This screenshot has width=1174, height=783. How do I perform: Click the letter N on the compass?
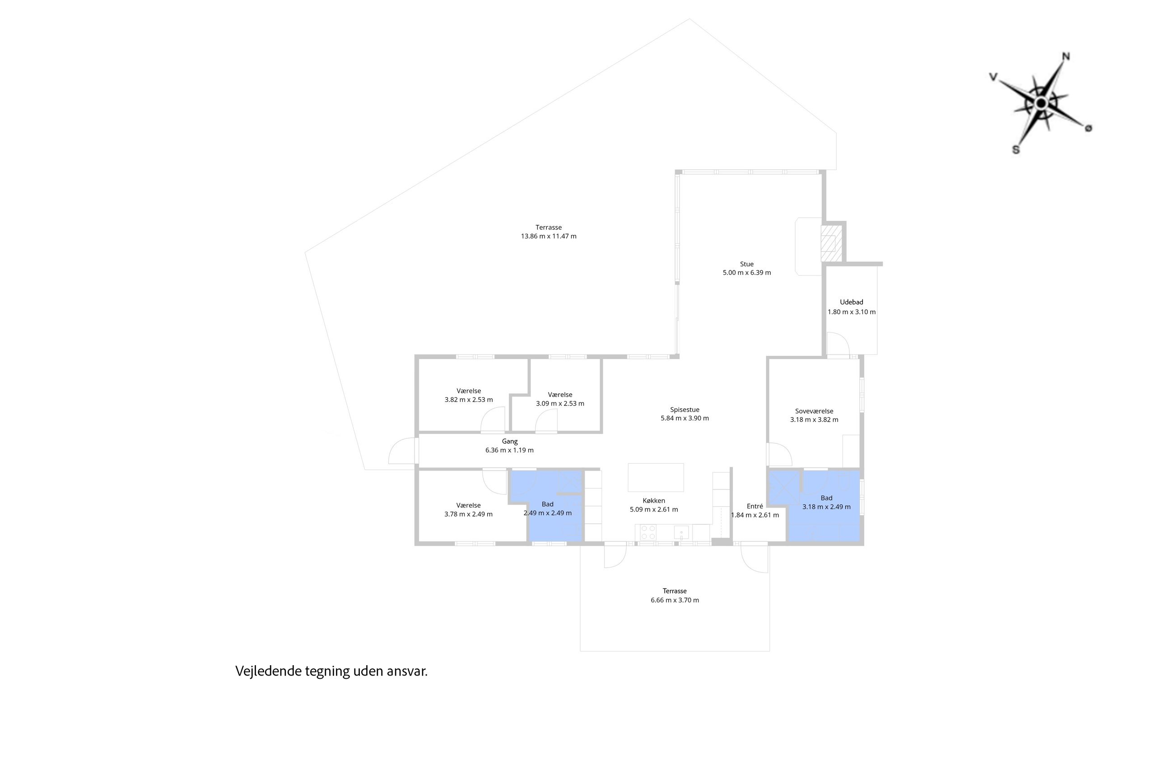point(1066,56)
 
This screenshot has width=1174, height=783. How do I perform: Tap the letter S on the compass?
point(1016,150)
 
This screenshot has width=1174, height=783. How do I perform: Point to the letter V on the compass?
point(993,77)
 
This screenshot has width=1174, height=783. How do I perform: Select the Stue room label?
point(746,264)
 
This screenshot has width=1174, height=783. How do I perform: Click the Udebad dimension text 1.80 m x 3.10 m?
point(852,312)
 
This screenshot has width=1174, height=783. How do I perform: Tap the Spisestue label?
point(685,410)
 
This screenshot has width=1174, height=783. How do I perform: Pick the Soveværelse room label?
point(814,411)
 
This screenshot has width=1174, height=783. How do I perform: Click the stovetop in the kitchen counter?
point(648,532)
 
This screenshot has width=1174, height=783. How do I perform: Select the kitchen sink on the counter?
point(681,532)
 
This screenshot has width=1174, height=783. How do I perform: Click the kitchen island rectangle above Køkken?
point(656,477)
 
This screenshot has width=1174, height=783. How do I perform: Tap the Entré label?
point(755,506)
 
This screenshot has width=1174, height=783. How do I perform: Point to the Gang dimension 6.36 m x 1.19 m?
point(509,450)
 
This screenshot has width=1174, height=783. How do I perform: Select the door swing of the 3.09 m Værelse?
point(546,421)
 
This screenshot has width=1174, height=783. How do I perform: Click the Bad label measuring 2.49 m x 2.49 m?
point(547,504)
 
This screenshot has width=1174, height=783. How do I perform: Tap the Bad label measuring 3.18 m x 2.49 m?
point(826,498)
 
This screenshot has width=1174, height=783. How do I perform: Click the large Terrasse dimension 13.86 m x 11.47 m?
point(548,236)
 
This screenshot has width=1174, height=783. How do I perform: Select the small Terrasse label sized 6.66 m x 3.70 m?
point(675,591)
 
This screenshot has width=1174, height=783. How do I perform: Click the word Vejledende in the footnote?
point(268,671)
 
